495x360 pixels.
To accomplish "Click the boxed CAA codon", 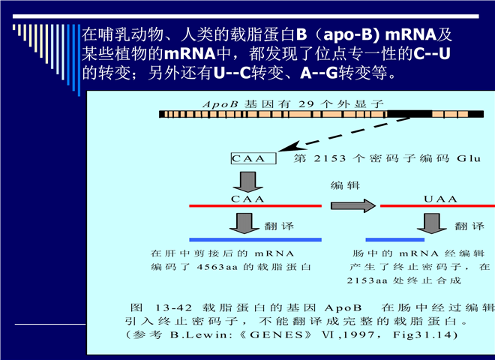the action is click(x=253, y=158).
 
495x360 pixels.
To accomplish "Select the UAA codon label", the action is click(x=440, y=199).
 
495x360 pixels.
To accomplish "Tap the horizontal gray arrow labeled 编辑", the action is click(x=353, y=206).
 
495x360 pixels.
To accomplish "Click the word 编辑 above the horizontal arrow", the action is click(x=345, y=185).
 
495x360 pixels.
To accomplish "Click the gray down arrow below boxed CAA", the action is click(x=248, y=182).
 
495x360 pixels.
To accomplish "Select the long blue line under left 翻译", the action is click(x=255, y=240).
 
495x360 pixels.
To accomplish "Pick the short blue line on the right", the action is click(x=395, y=240).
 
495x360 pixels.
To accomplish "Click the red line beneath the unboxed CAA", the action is click(x=255, y=206).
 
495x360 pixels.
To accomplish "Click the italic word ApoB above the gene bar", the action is click(x=220, y=104).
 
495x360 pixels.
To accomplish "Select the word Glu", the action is click(x=469, y=158).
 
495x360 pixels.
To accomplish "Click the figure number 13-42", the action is click(x=173, y=307).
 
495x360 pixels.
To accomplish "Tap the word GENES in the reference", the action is click(x=276, y=334).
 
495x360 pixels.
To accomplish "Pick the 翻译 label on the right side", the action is click(x=469, y=226).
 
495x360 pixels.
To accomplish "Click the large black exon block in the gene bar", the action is click(x=409, y=114).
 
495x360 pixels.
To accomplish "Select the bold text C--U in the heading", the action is click(x=431, y=54).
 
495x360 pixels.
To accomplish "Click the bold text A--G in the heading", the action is click(x=319, y=73).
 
